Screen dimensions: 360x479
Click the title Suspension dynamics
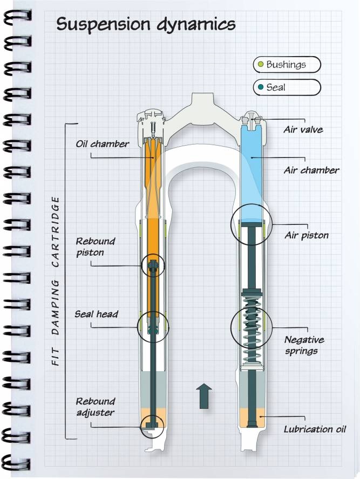(x=146, y=24)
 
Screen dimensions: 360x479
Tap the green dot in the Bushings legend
(x=261, y=65)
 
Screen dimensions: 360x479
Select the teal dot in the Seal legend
(x=261, y=87)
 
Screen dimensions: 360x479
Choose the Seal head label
(x=97, y=314)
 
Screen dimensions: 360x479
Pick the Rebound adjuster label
(x=95, y=407)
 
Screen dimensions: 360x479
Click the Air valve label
(x=303, y=129)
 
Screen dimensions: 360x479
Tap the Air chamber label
(x=311, y=170)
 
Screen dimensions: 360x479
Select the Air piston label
(x=305, y=236)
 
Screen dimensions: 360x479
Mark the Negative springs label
(x=304, y=345)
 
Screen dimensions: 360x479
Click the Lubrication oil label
(x=315, y=429)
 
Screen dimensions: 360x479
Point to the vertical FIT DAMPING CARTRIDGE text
(x=56, y=282)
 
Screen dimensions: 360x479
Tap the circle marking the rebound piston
(x=153, y=265)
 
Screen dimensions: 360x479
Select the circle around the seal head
(x=153, y=326)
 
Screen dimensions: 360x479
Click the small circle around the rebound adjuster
(x=151, y=426)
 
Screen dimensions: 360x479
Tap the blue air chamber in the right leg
(x=252, y=173)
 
